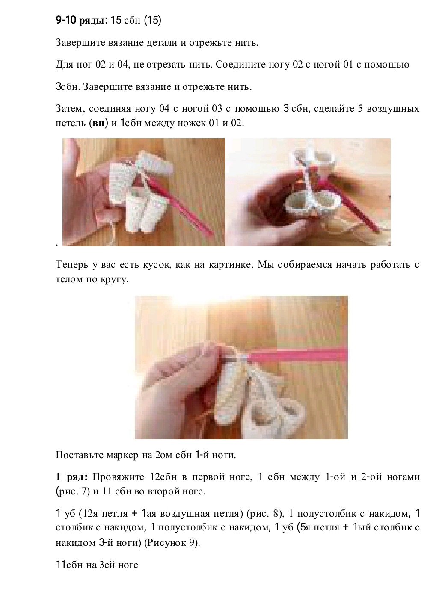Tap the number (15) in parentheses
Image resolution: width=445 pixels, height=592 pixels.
coord(152,20)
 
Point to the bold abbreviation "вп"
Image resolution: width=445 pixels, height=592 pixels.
coord(99,123)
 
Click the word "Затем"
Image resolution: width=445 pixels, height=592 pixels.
coord(71,109)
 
